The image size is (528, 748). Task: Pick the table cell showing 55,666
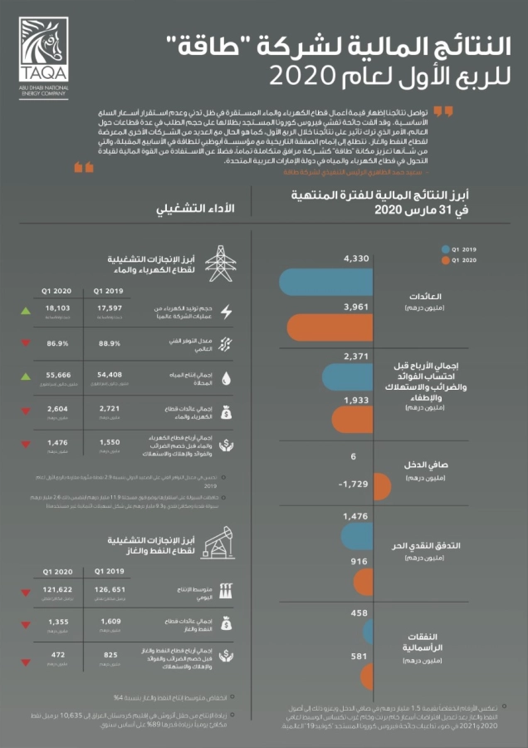[x=58, y=375]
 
